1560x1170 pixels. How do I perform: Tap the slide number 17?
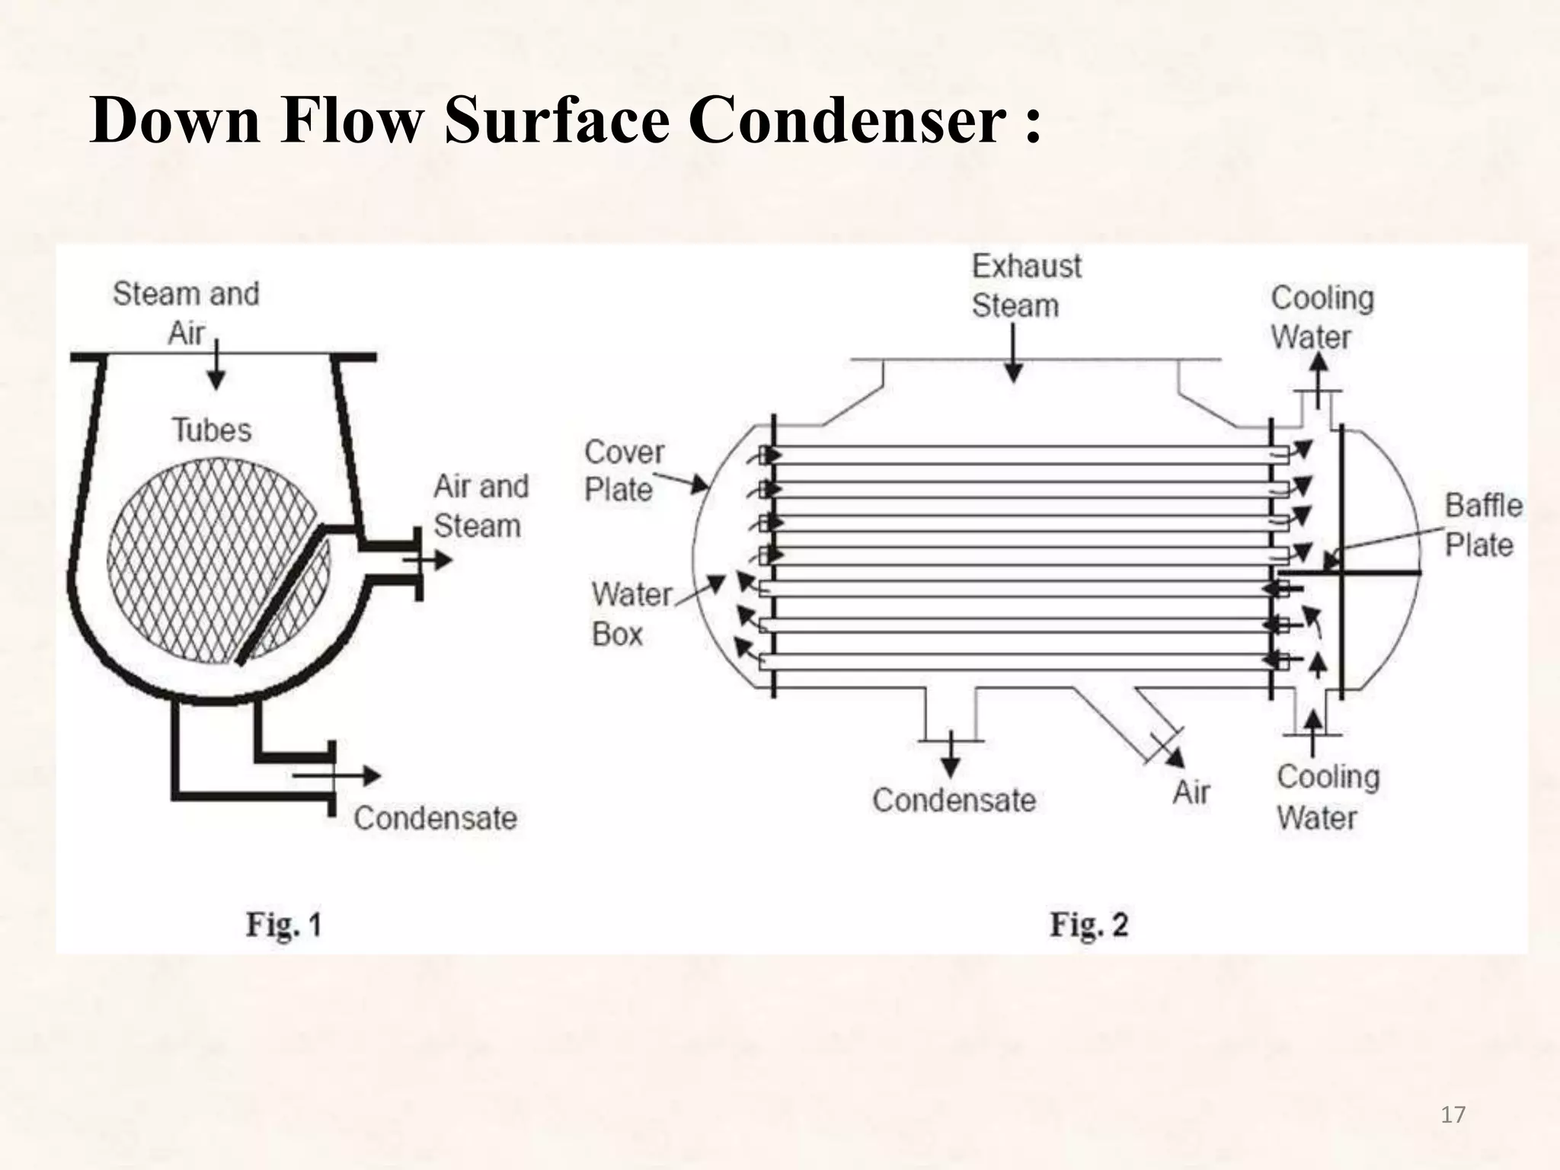pyautogui.click(x=1453, y=1115)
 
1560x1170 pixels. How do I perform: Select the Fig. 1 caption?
pyautogui.click(x=283, y=925)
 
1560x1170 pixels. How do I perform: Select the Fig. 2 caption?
pyautogui.click(x=1088, y=925)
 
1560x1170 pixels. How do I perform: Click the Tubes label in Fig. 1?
pyautogui.click(x=211, y=430)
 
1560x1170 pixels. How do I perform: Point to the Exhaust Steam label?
pyautogui.click(x=1025, y=286)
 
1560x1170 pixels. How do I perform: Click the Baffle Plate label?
pyautogui.click(x=1482, y=525)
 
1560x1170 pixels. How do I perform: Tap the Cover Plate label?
pyautogui.click(x=623, y=471)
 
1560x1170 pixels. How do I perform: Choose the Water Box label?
pyautogui.click(x=630, y=614)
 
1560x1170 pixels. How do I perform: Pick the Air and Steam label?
pyautogui.click(x=480, y=506)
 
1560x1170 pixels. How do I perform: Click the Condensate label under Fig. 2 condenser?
pyautogui.click(x=954, y=800)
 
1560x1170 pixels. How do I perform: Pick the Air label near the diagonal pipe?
pyautogui.click(x=1191, y=792)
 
